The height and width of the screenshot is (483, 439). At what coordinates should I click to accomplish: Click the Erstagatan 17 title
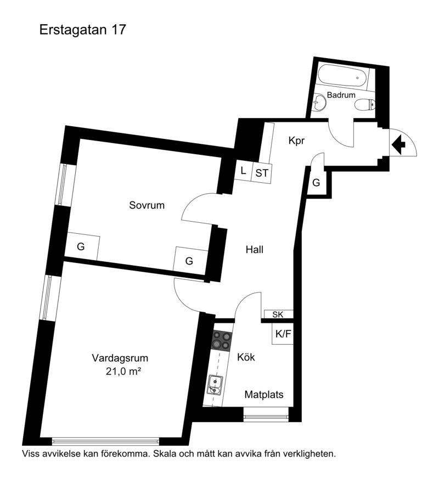pos(83,30)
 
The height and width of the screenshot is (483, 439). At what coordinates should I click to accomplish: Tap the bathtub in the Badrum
pos(342,76)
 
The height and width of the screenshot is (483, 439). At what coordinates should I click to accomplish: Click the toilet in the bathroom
pos(365,105)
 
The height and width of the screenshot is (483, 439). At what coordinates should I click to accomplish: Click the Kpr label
pos(296,141)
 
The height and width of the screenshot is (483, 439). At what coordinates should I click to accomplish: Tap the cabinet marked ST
pos(262,173)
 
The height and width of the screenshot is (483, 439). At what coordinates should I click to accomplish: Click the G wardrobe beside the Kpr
pos(317,182)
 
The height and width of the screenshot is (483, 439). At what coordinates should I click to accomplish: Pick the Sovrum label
pos(147,205)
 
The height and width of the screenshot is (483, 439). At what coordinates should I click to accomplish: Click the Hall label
pos(255,250)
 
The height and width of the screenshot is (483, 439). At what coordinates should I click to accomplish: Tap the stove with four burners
pos(221,341)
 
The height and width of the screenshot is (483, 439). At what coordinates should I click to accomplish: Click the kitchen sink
pos(215,384)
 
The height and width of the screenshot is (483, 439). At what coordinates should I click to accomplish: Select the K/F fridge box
pos(283,334)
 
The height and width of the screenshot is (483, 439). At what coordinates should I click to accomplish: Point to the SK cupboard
pos(279,314)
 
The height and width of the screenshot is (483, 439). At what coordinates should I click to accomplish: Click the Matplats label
pos(264,395)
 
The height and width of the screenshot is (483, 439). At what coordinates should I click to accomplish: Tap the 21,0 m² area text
pos(123,372)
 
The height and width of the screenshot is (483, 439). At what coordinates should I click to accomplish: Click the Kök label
pos(246,357)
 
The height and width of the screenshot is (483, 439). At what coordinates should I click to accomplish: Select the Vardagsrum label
pos(120,358)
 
